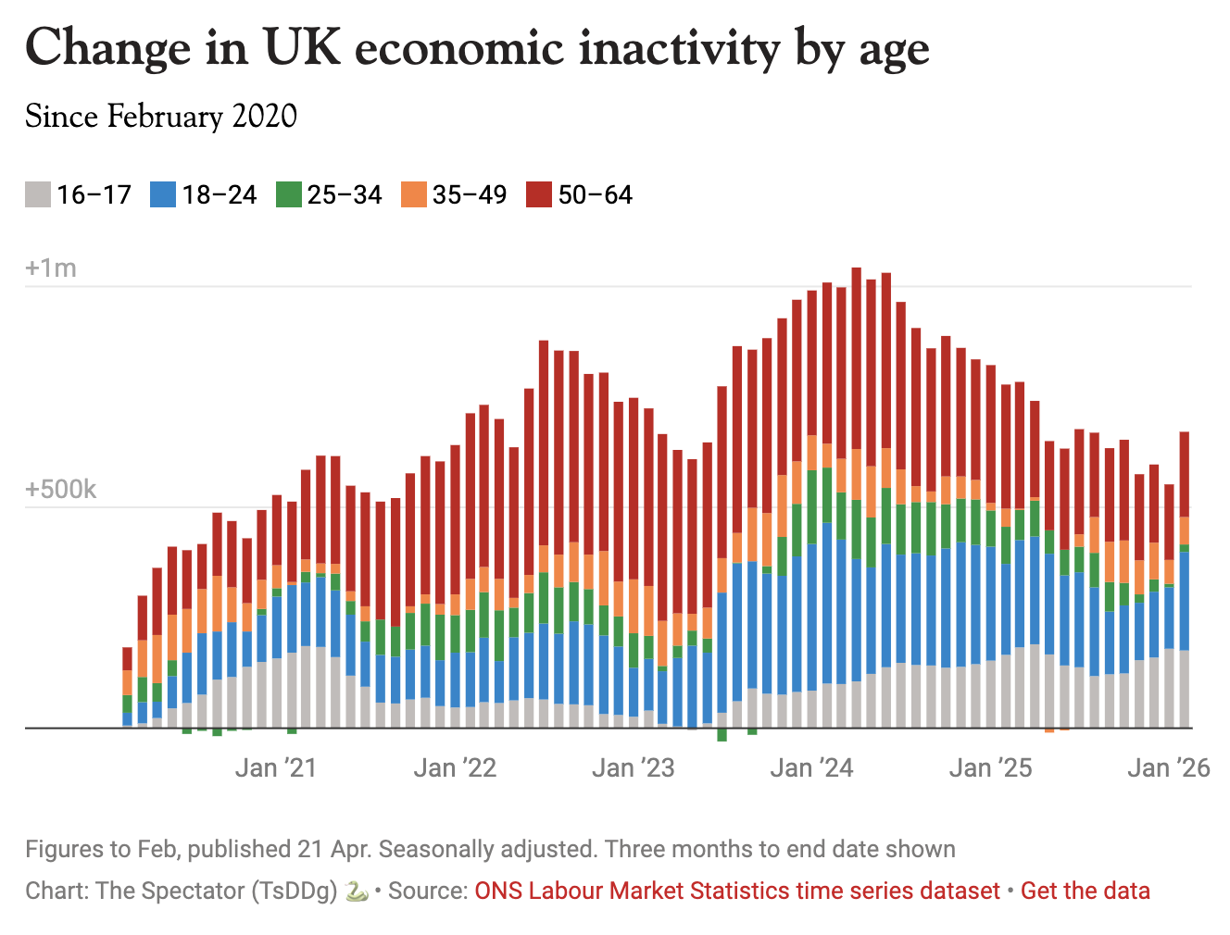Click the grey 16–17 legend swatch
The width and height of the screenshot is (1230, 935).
[38, 194]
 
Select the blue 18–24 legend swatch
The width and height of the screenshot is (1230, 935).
[163, 194]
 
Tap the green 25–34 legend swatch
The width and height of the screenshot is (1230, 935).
[289, 194]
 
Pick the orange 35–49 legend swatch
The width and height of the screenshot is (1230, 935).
[414, 194]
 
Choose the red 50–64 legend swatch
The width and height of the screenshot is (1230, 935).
[539, 194]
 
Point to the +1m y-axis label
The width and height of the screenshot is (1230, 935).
[51, 268]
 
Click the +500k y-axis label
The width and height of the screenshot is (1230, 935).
[60, 490]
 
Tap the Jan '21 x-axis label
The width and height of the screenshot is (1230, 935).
[276, 767]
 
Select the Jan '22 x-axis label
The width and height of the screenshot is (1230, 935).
[455, 767]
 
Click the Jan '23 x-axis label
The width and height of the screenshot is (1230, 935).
[634, 767]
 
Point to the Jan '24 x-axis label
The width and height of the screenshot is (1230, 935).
[811, 767]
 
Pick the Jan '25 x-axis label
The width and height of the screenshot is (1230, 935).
[990, 767]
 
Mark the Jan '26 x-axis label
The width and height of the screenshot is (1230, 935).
[1169, 767]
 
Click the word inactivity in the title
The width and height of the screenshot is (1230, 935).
[679, 48]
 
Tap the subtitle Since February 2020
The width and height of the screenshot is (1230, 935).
[161, 117]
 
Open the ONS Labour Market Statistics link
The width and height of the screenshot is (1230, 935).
[737, 891]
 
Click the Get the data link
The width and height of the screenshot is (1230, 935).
[1086, 891]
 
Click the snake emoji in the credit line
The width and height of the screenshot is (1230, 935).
[357, 891]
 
